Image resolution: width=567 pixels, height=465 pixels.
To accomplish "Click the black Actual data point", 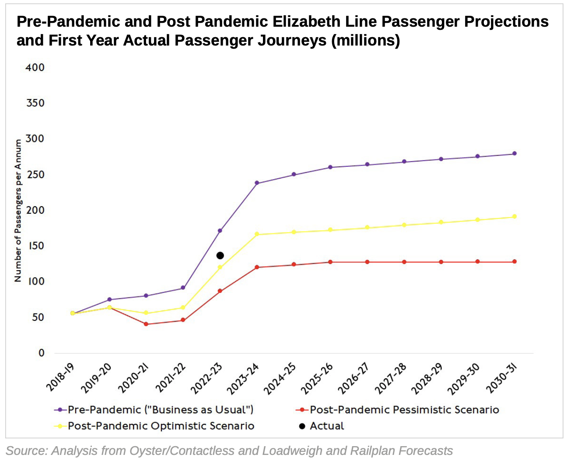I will (220, 255).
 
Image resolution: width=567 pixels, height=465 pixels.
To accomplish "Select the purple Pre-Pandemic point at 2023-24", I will (257, 183).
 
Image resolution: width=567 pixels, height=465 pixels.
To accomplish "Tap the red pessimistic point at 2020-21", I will (146, 324).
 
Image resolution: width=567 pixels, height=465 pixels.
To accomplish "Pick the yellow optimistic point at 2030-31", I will (514, 216).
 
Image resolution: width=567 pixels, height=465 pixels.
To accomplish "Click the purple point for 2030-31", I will (514, 154).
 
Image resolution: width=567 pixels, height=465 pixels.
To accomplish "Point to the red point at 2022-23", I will (220, 291).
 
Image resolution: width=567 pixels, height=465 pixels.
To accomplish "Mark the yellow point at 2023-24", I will (257, 234).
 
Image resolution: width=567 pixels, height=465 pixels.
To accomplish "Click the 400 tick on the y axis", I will (35, 67).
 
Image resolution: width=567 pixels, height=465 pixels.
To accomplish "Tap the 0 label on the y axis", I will (41, 353).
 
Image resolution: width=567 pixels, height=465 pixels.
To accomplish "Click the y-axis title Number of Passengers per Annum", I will (18, 210).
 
